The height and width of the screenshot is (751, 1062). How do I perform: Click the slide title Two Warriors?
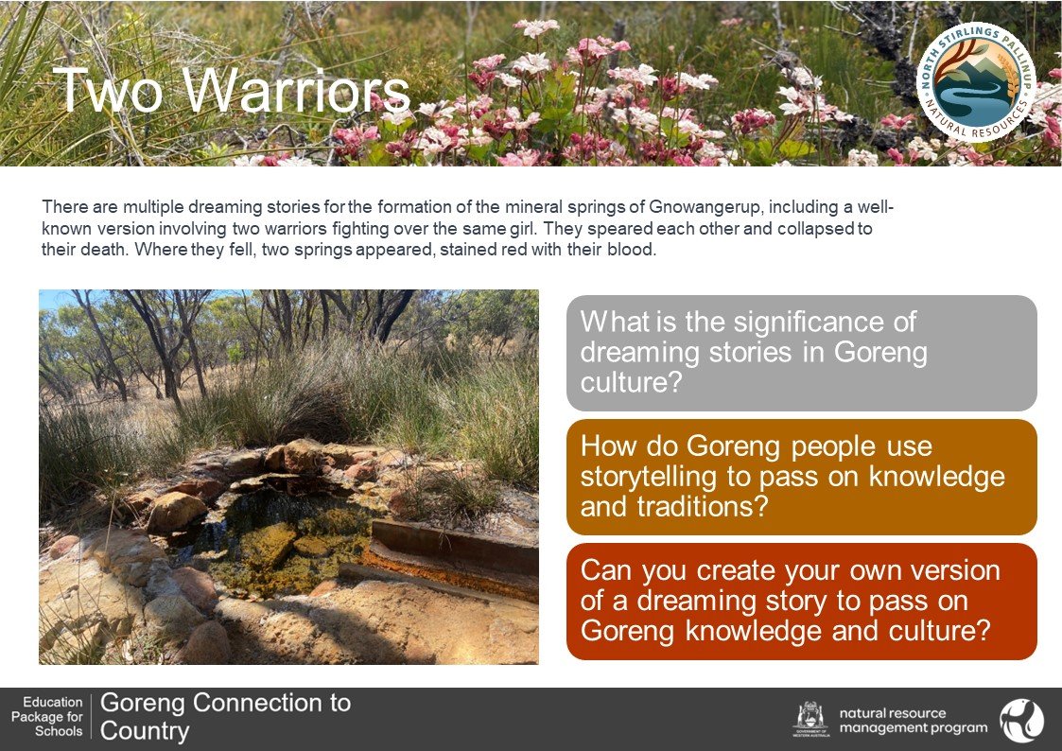click(232, 90)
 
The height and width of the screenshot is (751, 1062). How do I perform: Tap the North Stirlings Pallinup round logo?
click(976, 82)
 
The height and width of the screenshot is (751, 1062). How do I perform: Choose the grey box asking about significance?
click(801, 353)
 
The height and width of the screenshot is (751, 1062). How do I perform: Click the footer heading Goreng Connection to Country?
click(225, 717)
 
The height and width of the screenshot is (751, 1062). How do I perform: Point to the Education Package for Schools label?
click(46, 716)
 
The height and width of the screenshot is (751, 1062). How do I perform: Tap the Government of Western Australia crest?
click(810, 719)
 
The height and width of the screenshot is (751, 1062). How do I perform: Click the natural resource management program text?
click(913, 721)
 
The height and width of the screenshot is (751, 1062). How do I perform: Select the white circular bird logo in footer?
click(1022, 721)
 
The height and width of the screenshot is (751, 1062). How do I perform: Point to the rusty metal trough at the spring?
click(450, 559)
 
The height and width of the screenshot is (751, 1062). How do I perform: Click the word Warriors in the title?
click(297, 90)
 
